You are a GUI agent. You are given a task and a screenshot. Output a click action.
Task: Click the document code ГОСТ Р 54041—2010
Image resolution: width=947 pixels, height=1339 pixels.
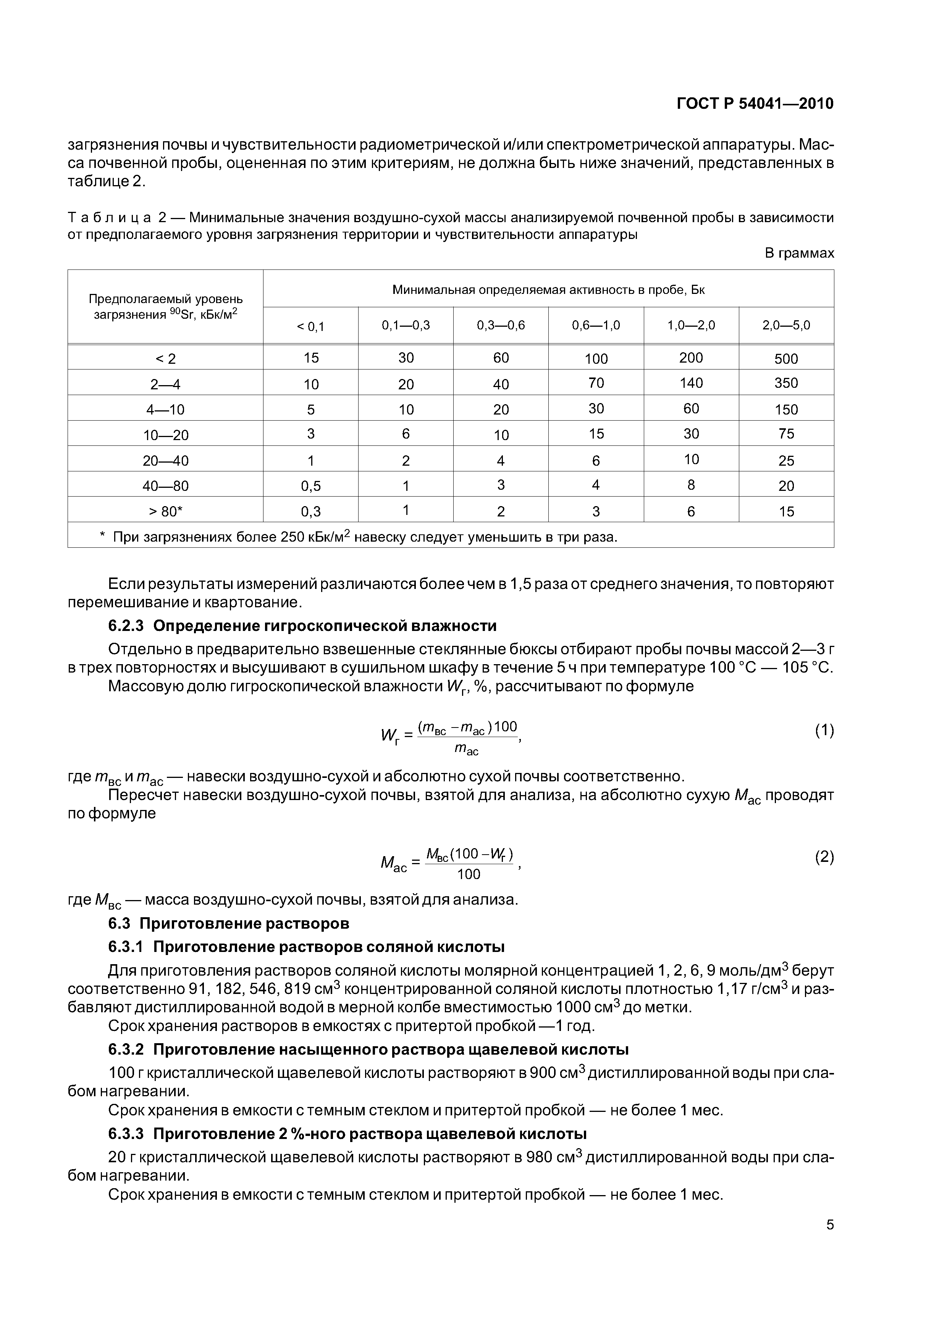(755, 104)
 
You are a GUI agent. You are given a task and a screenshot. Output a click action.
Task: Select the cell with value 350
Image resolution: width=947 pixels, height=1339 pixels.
(786, 383)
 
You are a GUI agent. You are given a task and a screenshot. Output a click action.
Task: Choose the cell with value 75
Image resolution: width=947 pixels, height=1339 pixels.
(786, 434)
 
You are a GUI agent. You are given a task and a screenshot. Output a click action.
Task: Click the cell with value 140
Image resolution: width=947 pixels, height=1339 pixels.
(691, 383)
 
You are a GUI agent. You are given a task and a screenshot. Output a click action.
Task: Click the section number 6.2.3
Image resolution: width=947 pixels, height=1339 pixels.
(126, 626)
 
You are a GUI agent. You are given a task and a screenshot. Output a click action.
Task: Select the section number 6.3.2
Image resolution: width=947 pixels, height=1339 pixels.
(126, 1050)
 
